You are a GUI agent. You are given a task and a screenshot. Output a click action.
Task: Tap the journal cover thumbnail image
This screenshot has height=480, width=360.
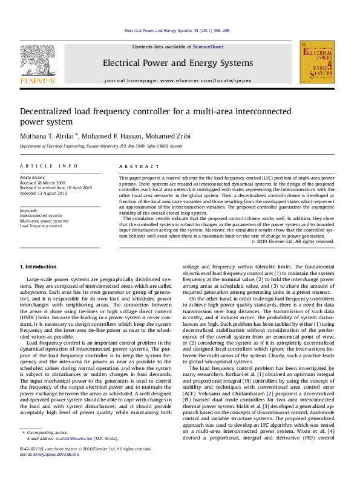[317, 63]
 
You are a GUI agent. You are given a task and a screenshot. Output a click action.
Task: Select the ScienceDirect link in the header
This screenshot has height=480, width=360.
[208, 47]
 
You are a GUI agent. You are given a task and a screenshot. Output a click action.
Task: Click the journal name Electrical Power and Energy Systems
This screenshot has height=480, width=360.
[177, 63]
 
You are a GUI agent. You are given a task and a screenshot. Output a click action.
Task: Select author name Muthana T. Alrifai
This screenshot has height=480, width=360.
[46, 135]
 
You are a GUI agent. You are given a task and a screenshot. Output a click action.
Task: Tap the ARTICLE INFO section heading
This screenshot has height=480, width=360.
[48, 166]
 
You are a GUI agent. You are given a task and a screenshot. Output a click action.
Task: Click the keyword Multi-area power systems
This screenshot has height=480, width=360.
[44, 221]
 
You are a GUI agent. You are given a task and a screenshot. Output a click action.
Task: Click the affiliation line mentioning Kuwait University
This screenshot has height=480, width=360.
[100, 146]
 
